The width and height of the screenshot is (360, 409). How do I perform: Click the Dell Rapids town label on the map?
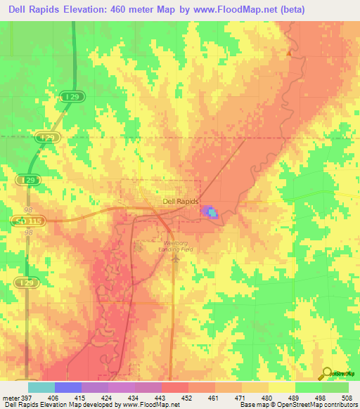[x=181, y=200]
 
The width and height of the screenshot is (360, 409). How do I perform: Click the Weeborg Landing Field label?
[x=173, y=245]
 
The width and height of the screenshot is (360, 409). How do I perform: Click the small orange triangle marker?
[x=288, y=52]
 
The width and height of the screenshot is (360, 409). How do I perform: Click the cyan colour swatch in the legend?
[x=41, y=388]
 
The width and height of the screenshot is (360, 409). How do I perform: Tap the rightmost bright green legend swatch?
[x=335, y=388]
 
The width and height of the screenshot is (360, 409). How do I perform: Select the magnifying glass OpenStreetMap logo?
[x=327, y=373]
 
